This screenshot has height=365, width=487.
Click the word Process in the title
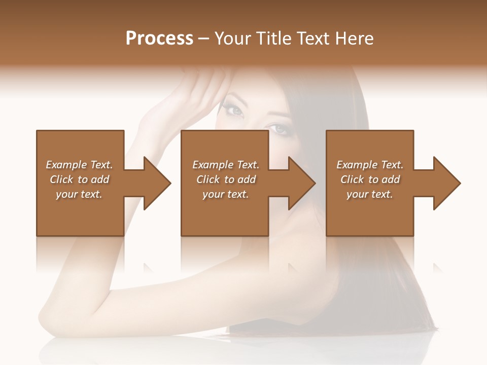159,39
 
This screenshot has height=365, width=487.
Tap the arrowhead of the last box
446,183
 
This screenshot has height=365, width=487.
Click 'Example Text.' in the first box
79,165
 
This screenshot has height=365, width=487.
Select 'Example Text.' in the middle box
226,165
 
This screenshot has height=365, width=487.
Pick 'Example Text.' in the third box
370,165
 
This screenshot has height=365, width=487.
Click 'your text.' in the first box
79,194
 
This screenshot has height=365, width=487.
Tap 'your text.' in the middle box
226,194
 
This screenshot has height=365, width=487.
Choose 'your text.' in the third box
370,194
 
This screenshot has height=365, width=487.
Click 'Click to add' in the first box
79,179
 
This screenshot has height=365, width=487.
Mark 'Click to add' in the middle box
226,179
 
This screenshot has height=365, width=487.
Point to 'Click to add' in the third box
370,179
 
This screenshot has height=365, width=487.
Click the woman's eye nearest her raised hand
234,109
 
